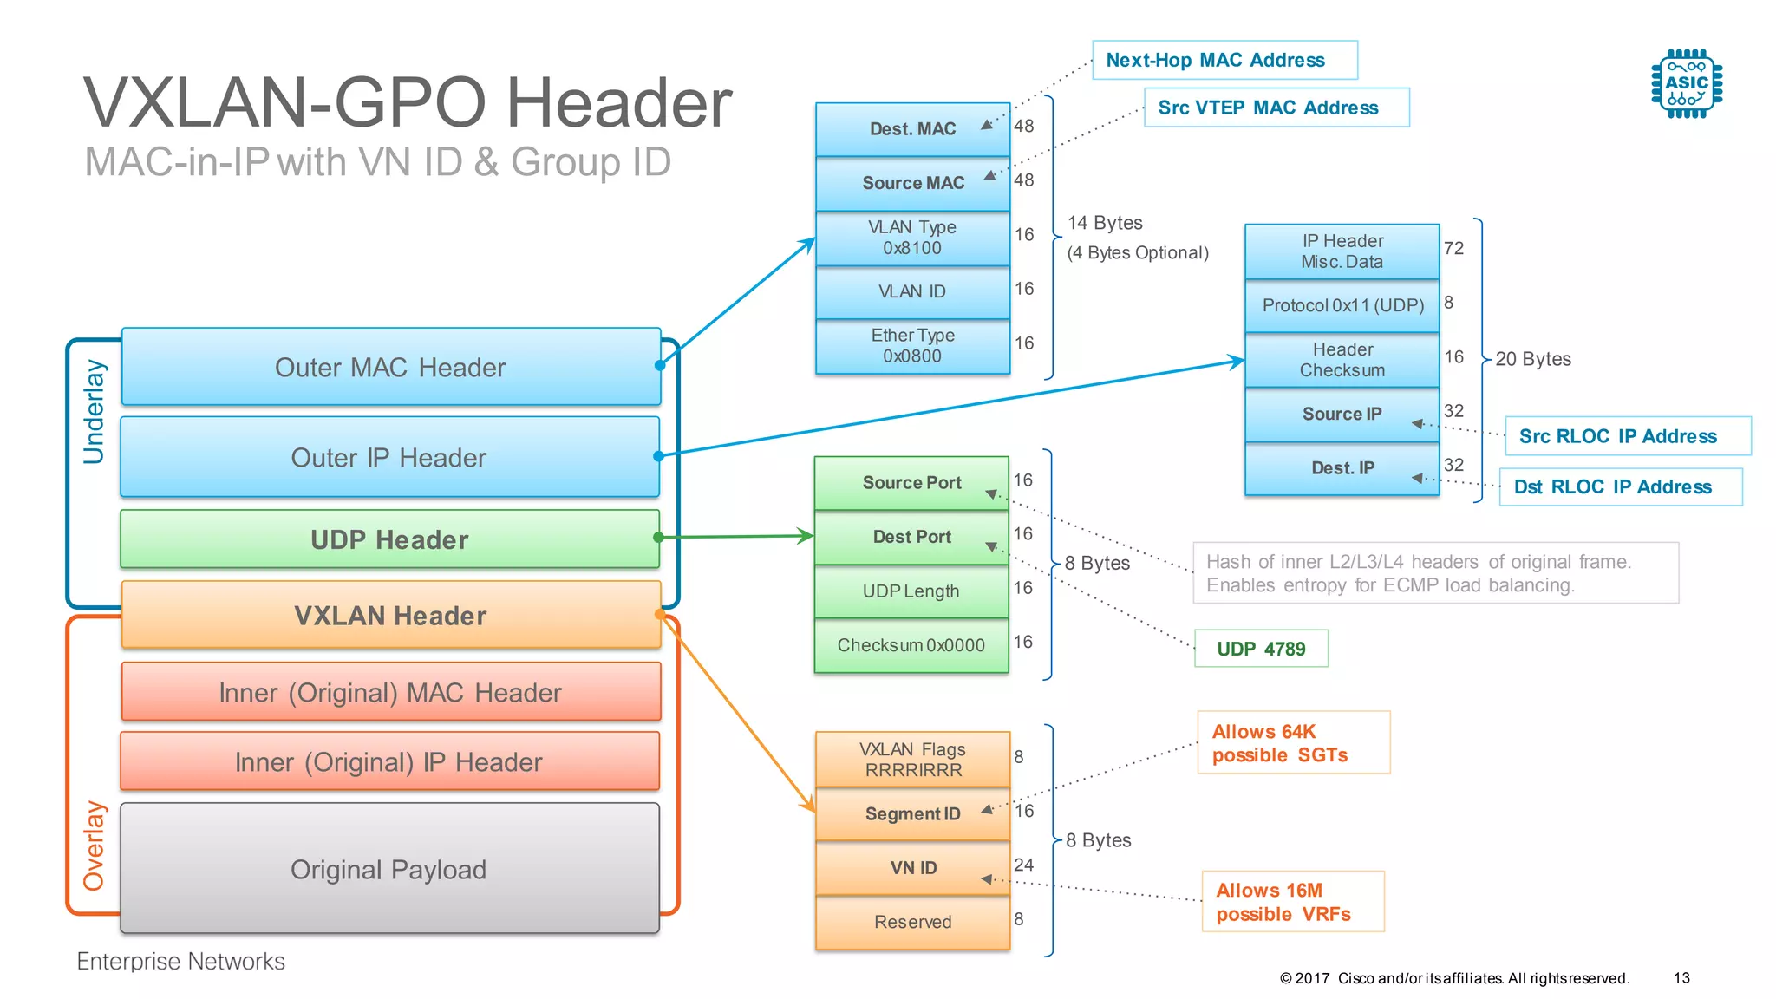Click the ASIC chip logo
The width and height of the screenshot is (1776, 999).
[1687, 84]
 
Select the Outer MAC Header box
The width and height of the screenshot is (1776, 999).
[390, 367]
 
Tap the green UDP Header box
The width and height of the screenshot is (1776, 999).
[390, 539]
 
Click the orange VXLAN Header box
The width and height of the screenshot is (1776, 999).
[390, 616]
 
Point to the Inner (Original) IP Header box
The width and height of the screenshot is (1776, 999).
[390, 761]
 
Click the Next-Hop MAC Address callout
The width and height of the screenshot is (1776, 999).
[1224, 60]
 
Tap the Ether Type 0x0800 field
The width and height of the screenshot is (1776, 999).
[913, 346]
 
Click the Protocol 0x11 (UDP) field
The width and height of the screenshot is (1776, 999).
[1342, 305]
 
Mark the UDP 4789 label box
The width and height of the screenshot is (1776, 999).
[1261, 649]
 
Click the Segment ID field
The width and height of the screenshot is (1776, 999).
[913, 813]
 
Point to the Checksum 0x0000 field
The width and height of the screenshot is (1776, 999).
[911, 645]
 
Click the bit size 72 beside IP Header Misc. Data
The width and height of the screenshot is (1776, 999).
[1453, 248]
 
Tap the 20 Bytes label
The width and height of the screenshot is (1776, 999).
[1532, 359]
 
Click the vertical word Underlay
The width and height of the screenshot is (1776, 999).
[94, 412]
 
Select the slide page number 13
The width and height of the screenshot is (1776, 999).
[1681, 978]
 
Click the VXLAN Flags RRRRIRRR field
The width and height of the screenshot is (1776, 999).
[913, 759]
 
